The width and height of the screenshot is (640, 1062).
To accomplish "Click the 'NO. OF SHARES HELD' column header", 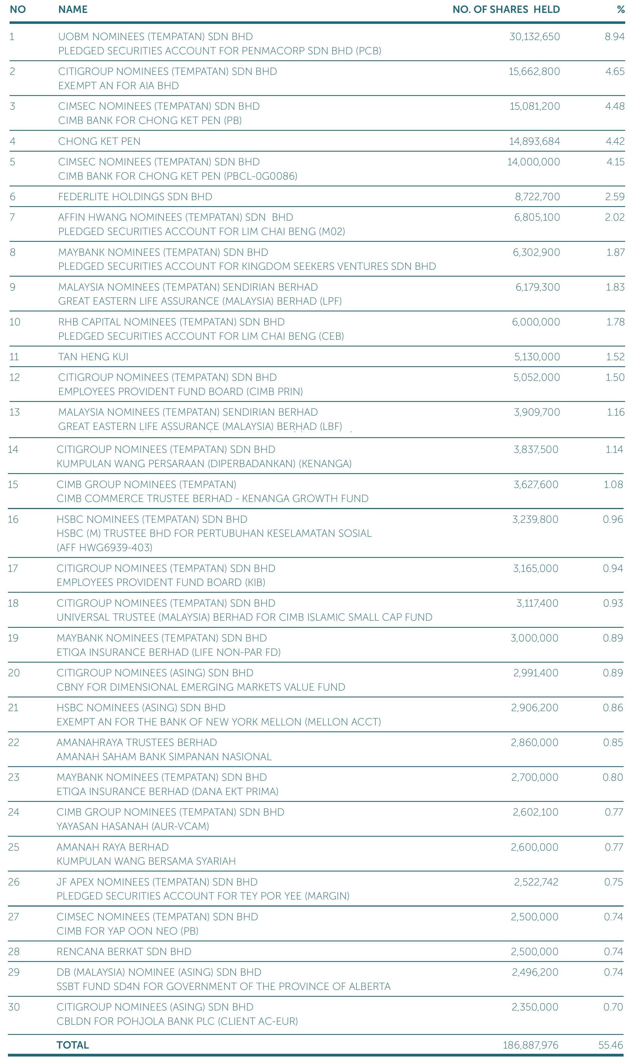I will [x=506, y=10].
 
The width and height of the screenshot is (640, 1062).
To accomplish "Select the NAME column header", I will [x=73, y=10].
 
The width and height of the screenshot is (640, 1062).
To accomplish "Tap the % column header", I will [x=620, y=10].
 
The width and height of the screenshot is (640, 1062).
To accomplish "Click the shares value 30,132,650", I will [x=534, y=37].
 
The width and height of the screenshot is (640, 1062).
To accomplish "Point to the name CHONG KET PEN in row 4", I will [x=99, y=141].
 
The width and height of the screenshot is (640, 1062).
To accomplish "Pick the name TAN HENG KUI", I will [x=93, y=357].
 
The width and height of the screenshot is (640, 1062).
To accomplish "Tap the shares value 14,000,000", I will [x=534, y=162].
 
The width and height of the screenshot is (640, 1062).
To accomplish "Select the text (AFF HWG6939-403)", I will [x=104, y=548].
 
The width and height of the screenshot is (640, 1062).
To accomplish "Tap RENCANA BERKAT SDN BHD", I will [x=124, y=952].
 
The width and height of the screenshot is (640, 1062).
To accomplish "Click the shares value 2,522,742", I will [x=536, y=882].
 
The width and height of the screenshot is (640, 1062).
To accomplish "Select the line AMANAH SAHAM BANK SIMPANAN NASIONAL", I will [x=164, y=757].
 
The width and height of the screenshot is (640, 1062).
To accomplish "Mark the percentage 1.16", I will [x=615, y=413].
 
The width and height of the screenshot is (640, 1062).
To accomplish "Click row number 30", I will [x=14, y=1007].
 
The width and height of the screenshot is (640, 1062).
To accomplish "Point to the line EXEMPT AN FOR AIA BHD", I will [x=118, y=86].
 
